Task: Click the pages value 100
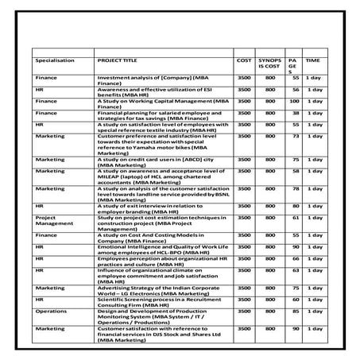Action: click(x=294, y=102)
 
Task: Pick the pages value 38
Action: click(x=294, y=113)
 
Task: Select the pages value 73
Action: click(x=294, y=136)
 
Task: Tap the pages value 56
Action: click(x=294, y=90)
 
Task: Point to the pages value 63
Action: click(x=294, y=269)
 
